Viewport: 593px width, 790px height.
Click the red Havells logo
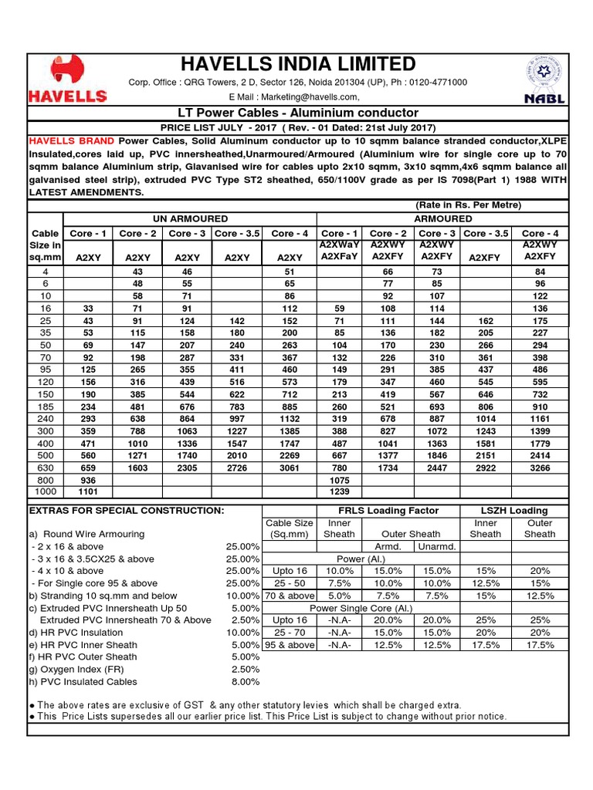coord(67,80)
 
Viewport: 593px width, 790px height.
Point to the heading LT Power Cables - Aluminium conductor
coord(297,113)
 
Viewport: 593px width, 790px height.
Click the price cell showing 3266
coord(539,467)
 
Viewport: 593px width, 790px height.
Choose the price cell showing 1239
coord(340,491)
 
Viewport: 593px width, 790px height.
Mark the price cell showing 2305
coord(187,467)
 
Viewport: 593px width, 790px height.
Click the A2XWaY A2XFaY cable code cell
coord(340,251)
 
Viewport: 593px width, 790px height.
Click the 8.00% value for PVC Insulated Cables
coord(245,681)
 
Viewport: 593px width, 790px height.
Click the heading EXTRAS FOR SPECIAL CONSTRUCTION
coord(126,511)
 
